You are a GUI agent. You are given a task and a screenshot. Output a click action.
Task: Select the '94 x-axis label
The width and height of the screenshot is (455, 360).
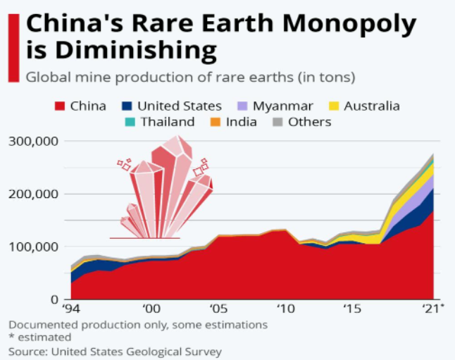point(70,309)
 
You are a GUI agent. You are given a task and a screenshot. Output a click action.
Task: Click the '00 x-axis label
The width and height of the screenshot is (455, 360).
point(150,309)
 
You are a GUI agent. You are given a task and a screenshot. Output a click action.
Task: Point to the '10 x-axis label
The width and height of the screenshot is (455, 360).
point(285,309)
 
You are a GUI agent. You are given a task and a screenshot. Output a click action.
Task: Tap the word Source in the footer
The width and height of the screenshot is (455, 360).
point(27,351)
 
